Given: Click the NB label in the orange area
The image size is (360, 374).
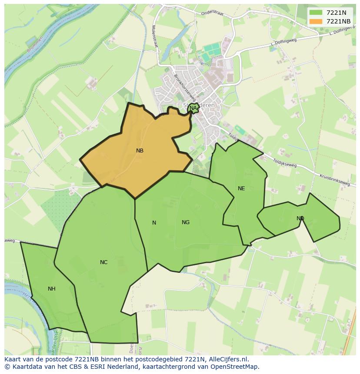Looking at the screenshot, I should click(140, 151).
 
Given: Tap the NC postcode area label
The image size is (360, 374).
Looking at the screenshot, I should click(103, 262).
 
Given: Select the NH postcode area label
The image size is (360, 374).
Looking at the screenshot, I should click(52, 289).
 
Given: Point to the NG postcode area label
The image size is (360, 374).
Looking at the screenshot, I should click(186, 222).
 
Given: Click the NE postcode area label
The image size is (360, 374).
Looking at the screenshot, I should click(241, 189).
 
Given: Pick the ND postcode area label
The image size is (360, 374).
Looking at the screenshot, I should click(300, 218).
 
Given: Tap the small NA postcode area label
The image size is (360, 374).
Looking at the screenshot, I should click(193, 108).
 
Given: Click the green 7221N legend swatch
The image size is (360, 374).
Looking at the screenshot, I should click(316, 13).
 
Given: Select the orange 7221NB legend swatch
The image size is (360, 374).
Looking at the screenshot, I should click(316, 21).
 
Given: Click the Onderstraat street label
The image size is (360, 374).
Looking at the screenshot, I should click(212, 13).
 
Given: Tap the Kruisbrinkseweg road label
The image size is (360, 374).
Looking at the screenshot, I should click(335, 180).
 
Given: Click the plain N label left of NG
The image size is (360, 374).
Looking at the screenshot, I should click(154, 223).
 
